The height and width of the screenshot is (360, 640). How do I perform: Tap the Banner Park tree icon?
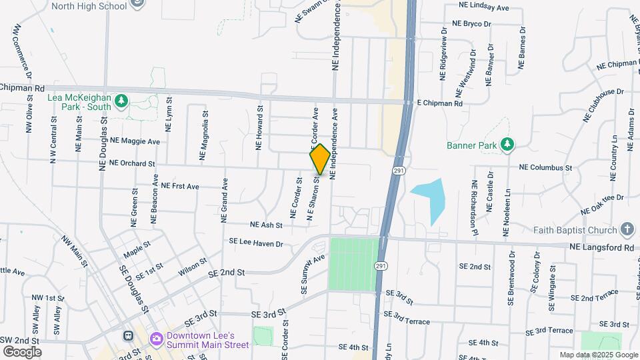507,144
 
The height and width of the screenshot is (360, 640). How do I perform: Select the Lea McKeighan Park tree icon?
121,101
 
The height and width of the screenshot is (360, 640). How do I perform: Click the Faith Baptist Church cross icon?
627,231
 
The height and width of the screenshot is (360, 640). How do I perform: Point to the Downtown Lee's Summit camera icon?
157,339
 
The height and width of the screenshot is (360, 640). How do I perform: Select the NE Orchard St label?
131,163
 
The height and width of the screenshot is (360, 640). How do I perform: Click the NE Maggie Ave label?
135,141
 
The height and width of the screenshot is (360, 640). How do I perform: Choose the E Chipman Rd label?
439,104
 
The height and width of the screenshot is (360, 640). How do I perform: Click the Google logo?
22,351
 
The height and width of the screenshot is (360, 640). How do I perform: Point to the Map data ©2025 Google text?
597,355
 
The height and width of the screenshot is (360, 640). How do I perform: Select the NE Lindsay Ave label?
483,6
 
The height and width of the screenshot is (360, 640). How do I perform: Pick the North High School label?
89,6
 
